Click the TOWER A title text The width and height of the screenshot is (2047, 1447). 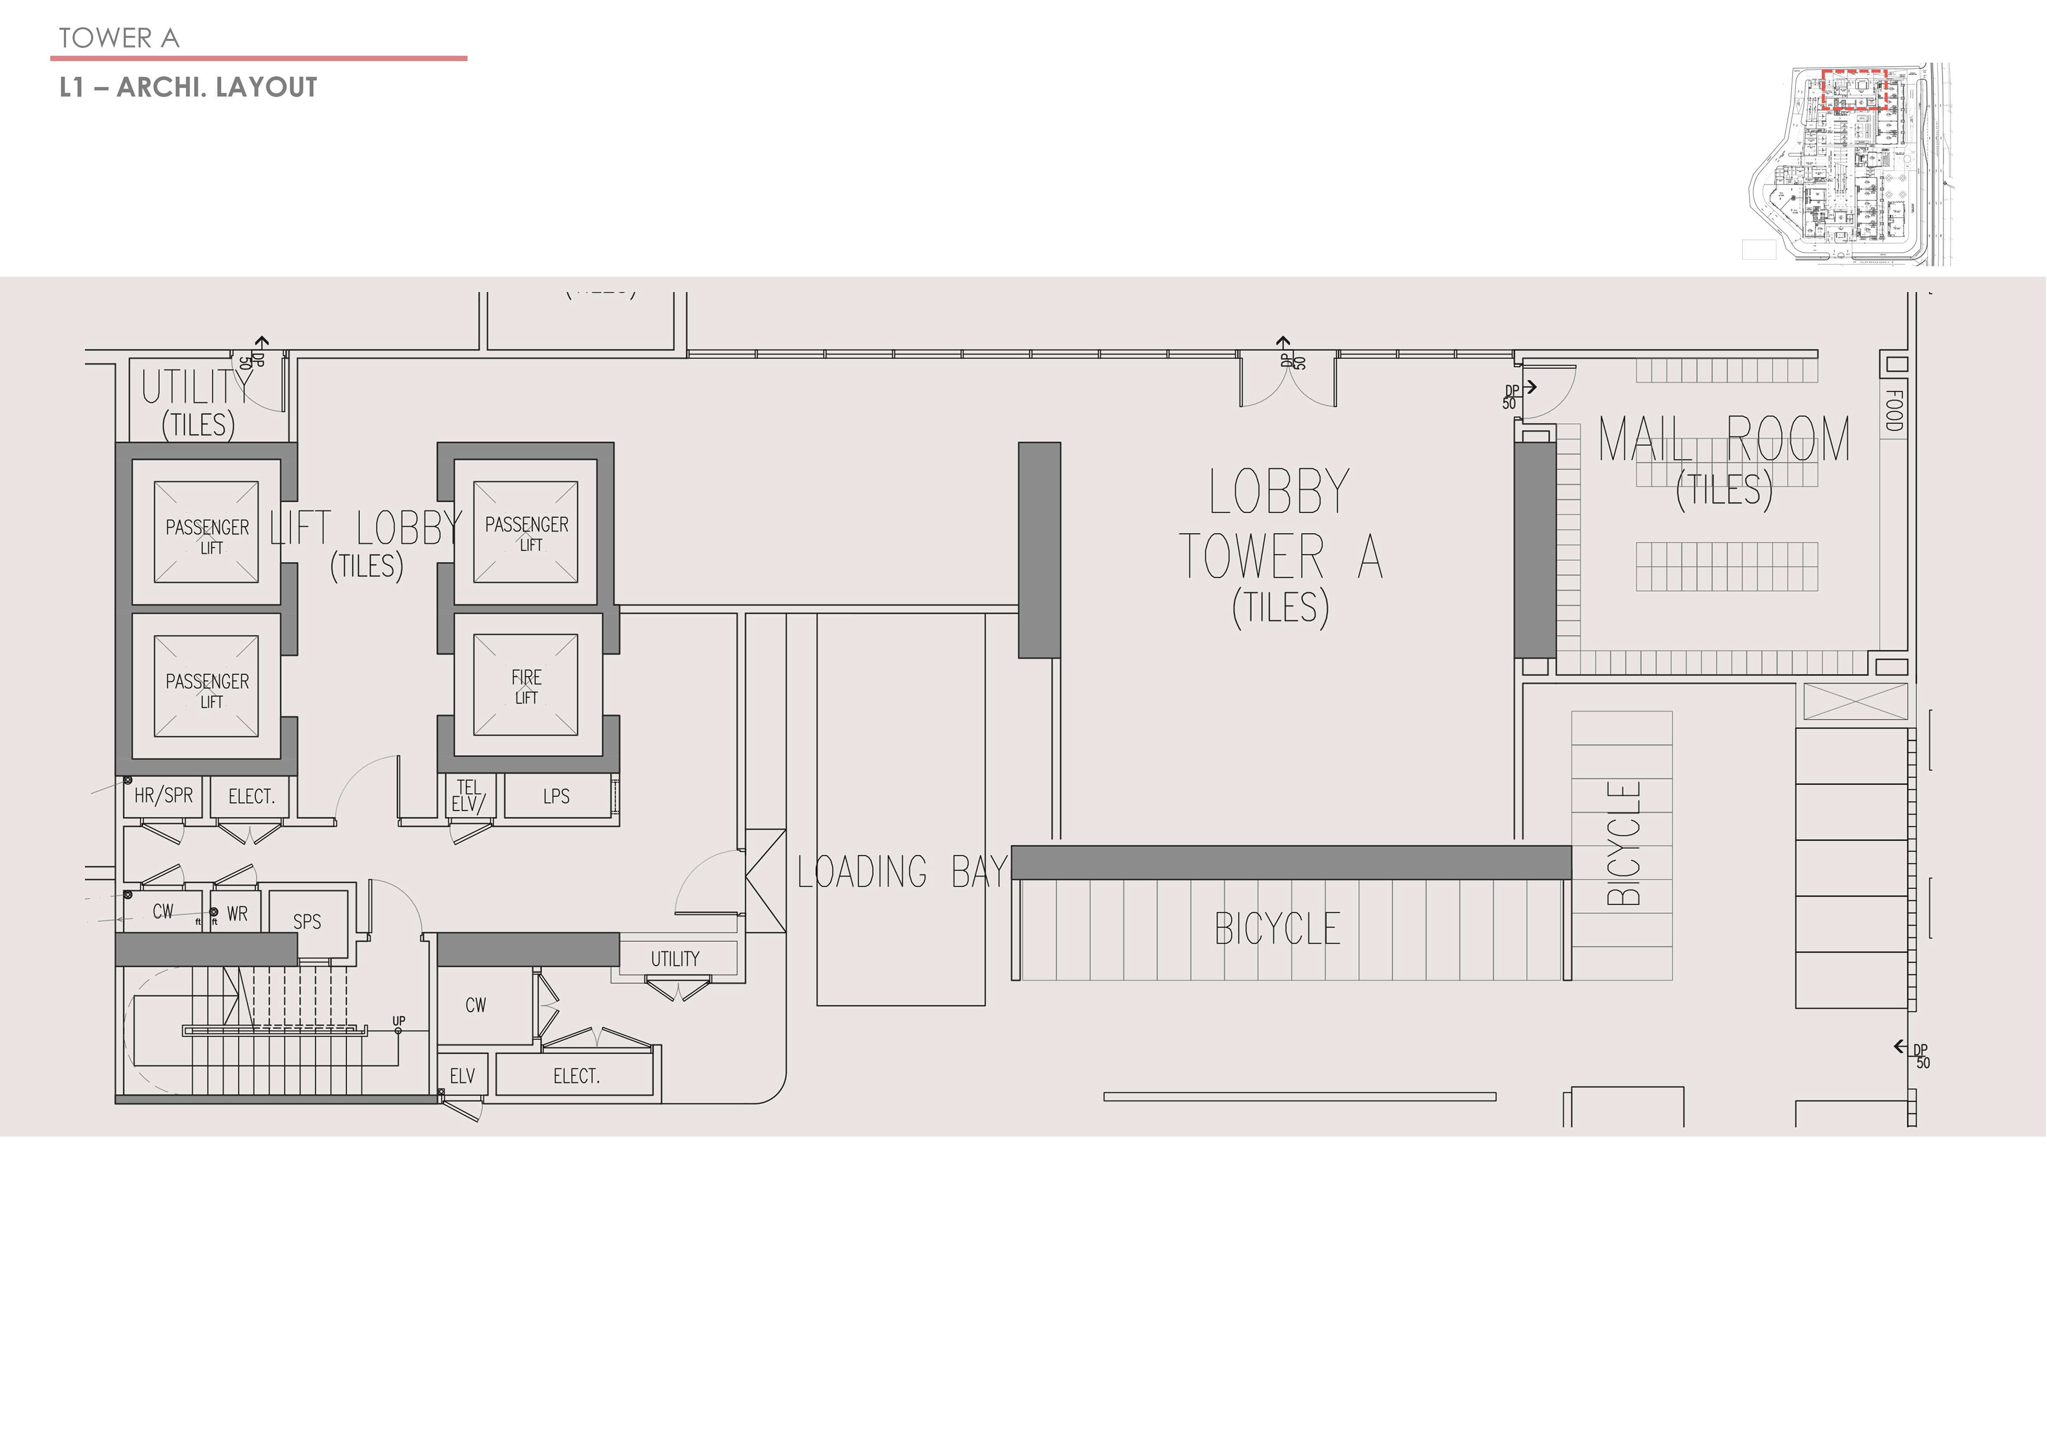(x=118, y=38)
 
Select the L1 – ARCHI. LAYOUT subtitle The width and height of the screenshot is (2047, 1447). (x=188, y=87)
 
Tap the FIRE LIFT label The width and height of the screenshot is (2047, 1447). (x=526, y=687)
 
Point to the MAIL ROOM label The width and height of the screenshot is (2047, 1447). (x=1723, y=439)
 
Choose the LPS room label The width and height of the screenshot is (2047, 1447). (x=557, y=796)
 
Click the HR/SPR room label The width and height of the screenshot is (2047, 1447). (x=163, y=795)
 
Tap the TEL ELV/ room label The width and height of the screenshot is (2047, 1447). (x=468, y=795)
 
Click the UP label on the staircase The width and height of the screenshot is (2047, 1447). (x=399, y=1021)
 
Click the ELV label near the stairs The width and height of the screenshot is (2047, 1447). (x=462, y=1076)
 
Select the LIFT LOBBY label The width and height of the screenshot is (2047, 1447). (x=366, y=529)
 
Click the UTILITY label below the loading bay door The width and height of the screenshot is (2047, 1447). (x=675, y=959)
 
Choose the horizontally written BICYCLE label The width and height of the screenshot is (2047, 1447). (x=1278, y=929)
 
